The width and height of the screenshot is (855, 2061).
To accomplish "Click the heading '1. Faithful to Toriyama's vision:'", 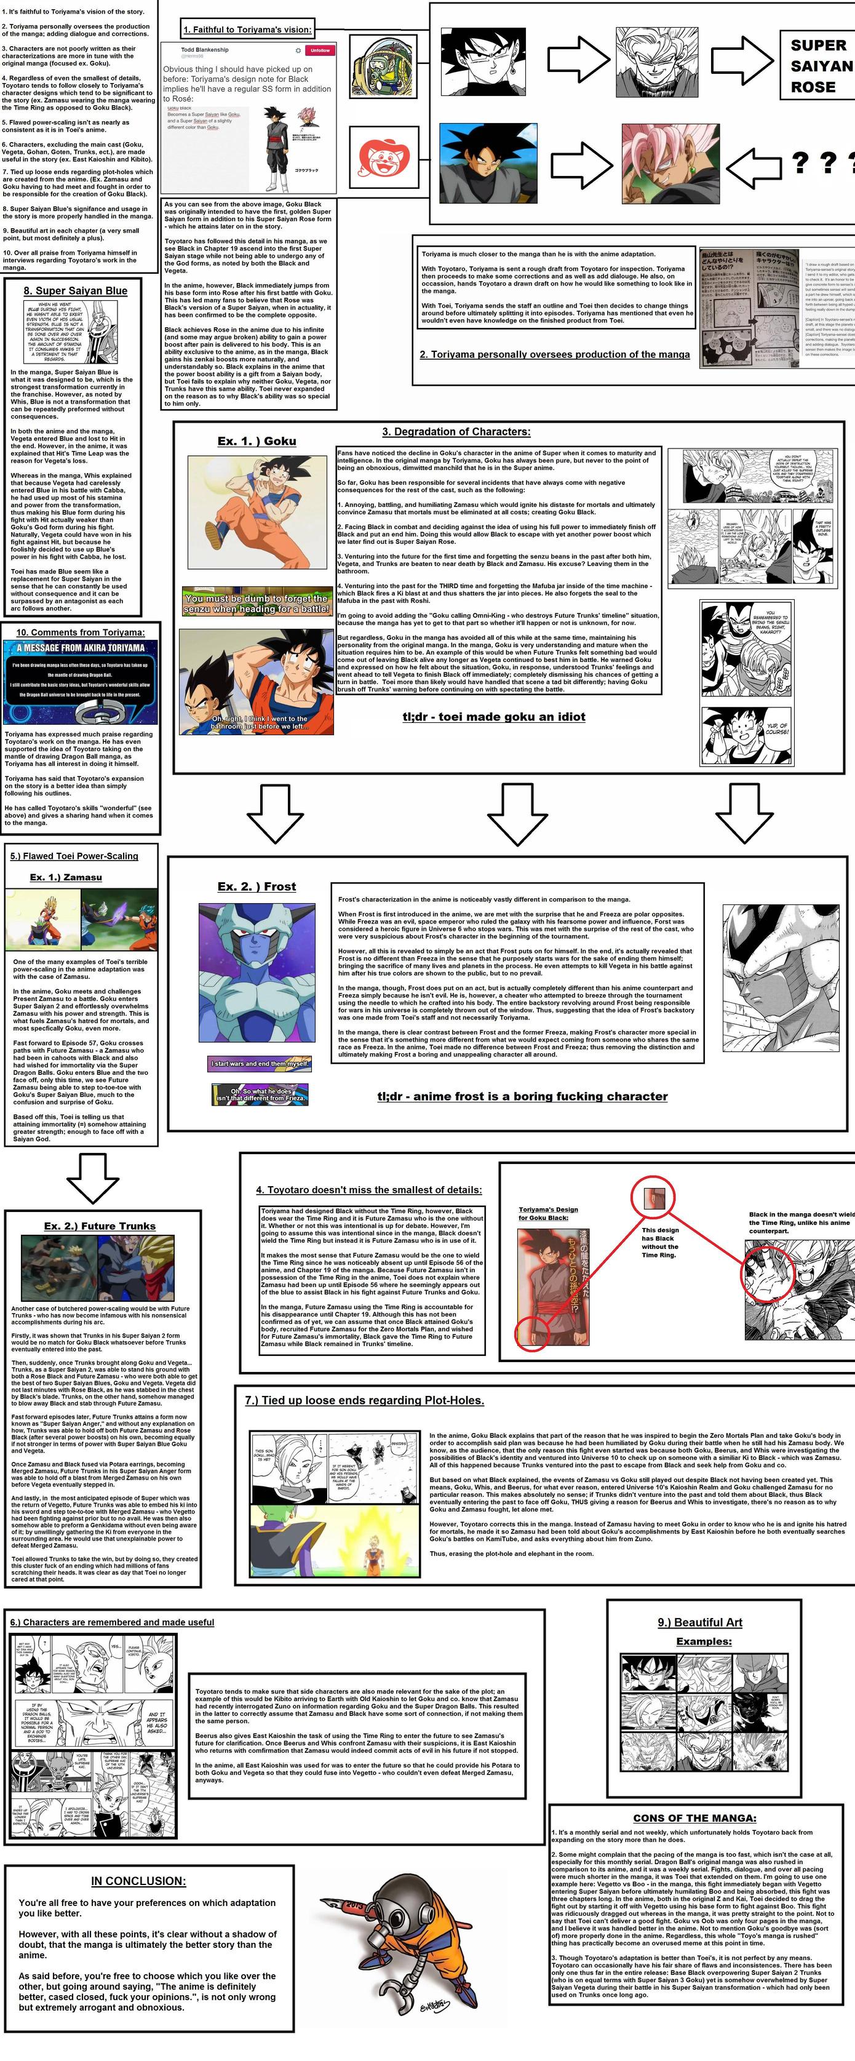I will [247, 30].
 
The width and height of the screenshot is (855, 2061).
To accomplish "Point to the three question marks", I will [823, 163].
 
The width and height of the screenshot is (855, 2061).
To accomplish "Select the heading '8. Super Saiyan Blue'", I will [75, 290].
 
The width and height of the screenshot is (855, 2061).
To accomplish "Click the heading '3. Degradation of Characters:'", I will [456, 431].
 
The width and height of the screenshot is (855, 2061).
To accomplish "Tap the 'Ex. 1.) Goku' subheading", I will [256, 441].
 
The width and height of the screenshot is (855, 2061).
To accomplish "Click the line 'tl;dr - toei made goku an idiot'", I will [493, 716].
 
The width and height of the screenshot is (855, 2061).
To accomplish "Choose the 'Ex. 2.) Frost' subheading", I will [256, 886].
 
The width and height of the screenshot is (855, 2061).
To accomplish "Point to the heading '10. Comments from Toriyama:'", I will [80, 632].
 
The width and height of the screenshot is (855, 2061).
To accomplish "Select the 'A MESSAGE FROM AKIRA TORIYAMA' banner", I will [81, 648].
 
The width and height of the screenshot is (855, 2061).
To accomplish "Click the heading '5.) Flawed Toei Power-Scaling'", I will [74, 855].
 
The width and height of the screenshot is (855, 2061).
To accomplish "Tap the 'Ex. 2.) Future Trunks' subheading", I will [100, 1226].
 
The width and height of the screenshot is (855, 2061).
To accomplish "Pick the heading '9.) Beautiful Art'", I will [700, 1622].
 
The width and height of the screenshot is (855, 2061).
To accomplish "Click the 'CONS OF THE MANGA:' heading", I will [694, 1818].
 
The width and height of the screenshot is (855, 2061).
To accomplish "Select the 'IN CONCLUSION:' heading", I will [138, 1881].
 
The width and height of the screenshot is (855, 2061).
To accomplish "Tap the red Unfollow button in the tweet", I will [320, 50].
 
